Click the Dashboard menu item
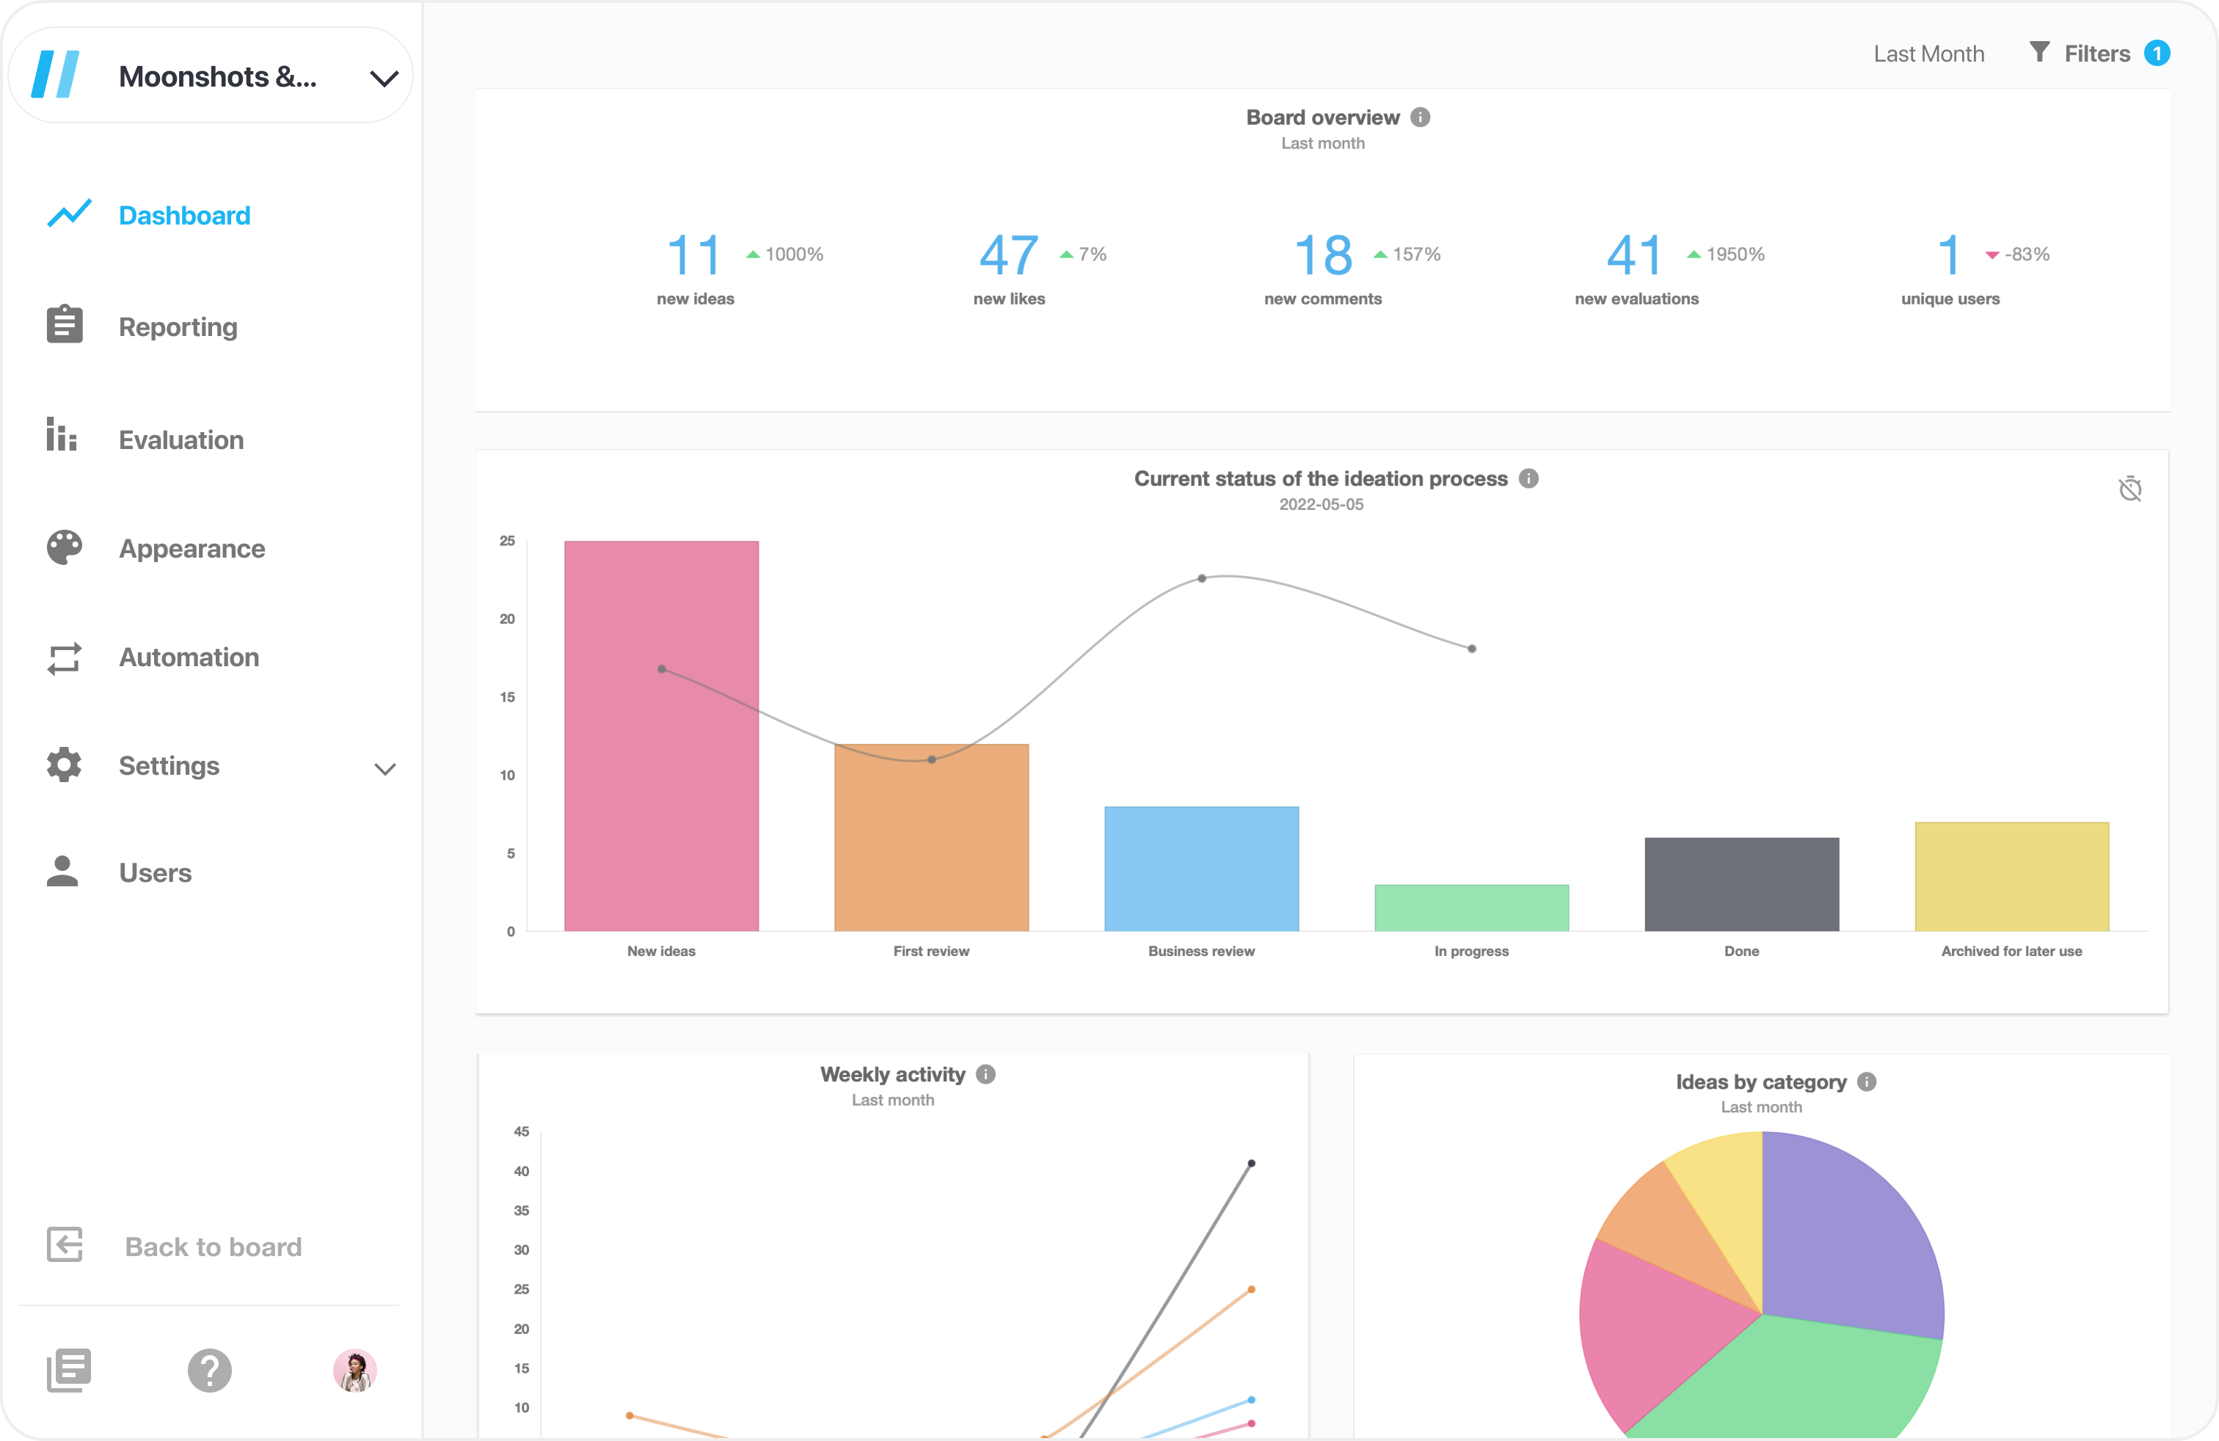183,215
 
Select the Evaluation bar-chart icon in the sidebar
62,435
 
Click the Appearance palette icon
65,548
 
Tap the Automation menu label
189,657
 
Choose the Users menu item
155,872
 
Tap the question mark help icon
210,1370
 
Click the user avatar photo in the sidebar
354,1370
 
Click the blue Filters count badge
2157,53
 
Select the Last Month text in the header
1928,54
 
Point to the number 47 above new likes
1008,255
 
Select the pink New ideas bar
661,737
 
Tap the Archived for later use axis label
2011,951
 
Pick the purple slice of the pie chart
1851,1240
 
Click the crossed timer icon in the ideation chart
2129,489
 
